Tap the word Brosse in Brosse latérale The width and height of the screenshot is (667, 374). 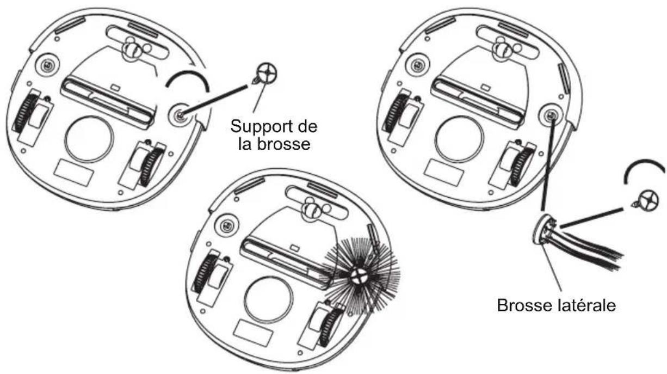[520, 304]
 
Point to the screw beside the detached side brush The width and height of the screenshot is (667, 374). [647, 202]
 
